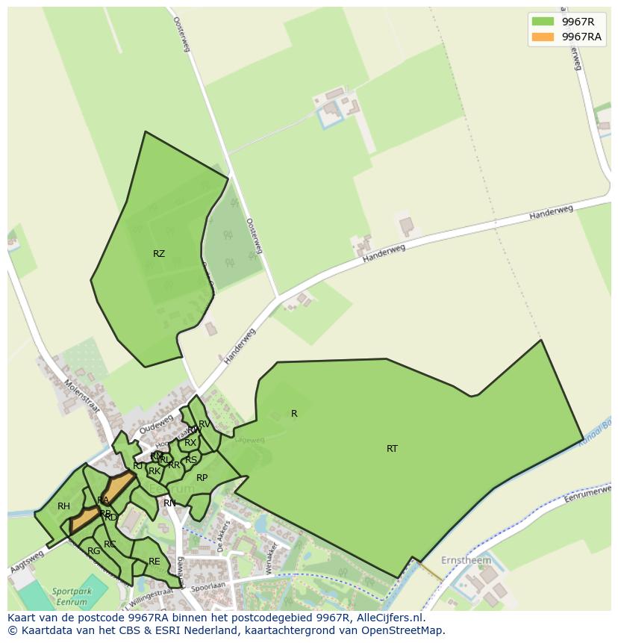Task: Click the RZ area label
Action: pyautogui.click(x=158, y=254)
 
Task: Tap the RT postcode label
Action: pyautogui.click(x=392, y=449)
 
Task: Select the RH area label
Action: pyautogui.click(x=63, y=506)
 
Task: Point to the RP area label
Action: pyautogui.click(x=202, y=478)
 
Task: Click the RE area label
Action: pyautogui.click(x=154, y=562)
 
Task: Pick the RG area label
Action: pyautogui.click(x=93, y=551)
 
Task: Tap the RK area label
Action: pyautogui.click(x=154, y=471)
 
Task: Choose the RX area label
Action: pyautogui.click(x=190, y=443)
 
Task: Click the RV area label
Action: pyautogui.click(x=205, y=424)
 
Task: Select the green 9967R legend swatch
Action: pyautogui.click(x=543, y=22)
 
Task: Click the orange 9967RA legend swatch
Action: pyautogui.click(x=543, y=37)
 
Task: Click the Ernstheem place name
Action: pyautogui.click(x=466, y=560)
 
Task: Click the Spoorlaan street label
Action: pyautogui.click(x=208, y=588)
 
